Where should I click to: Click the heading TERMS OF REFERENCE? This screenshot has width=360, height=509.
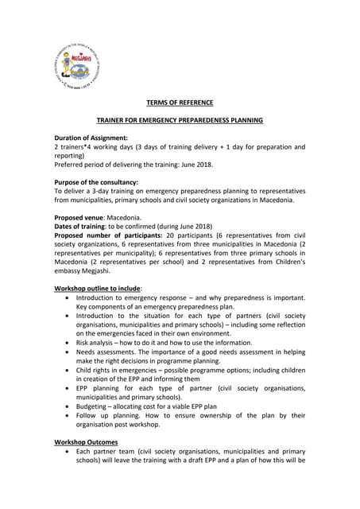(179, 103)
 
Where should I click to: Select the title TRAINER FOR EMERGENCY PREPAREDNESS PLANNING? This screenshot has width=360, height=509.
(179, 120)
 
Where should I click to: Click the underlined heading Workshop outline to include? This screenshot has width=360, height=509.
(98, 287)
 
